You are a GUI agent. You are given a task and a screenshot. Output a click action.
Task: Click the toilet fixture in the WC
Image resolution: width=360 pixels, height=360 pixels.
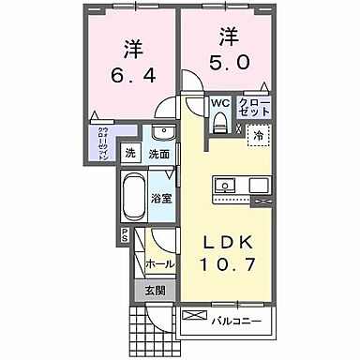(219, 121)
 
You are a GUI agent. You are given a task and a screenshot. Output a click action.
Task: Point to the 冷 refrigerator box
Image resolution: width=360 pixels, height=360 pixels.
(257, 136)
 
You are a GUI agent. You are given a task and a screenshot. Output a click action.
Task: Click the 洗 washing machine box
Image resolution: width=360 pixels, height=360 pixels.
(131, 153)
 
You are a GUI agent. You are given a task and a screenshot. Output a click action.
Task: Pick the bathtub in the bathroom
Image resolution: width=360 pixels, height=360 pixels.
(135, 197)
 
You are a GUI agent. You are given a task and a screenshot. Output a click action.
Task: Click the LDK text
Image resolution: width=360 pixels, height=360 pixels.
(232, 242)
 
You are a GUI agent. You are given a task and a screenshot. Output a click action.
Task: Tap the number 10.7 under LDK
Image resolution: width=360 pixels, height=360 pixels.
(232, 266)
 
